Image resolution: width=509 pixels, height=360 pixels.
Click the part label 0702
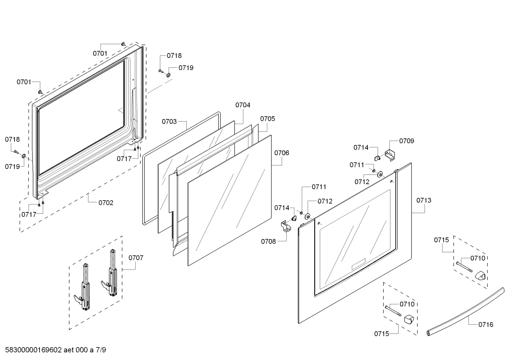click(x=106, y=203)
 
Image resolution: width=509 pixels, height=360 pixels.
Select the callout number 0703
click(x=169, y=122)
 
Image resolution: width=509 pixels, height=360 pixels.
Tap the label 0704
click(x=243, y=105)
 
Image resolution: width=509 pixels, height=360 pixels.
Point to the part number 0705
click(x=268, y=119)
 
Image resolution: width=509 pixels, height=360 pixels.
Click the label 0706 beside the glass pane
click(x=282, y=153)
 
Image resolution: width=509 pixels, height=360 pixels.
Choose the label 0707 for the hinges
click(x=136, y=258)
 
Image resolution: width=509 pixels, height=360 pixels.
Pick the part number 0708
click(x=268, y=242)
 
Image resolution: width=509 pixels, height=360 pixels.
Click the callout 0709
click(x=407, y=141)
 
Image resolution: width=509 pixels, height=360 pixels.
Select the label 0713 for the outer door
click(x=424, y=200)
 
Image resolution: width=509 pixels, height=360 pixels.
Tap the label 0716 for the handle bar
click(x=486, y=324)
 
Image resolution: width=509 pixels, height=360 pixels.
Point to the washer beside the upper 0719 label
click(x=168, y=74)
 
